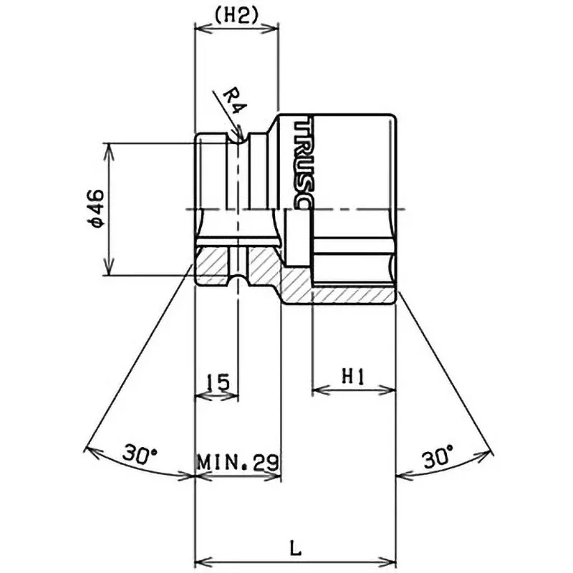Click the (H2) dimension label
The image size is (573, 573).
(x=236, y=16)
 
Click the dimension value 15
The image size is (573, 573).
(x=217, y=381)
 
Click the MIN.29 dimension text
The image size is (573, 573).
(x=239, y=461)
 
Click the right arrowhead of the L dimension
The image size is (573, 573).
(x=391, y=560)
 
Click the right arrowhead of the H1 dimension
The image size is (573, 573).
(x=391, y=391)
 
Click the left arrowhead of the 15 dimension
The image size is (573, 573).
(x=200, y=395)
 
